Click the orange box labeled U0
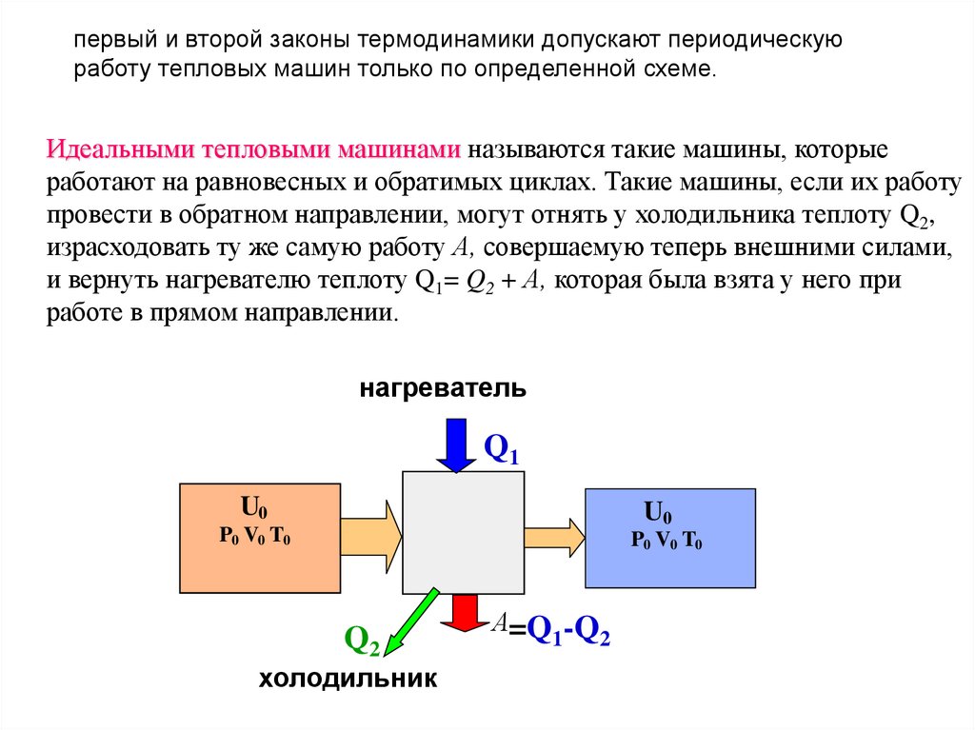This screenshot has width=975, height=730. (260, 538)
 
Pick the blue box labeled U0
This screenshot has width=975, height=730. (670, 538)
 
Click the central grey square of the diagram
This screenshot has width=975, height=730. (464, 532)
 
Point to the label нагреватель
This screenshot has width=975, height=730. (443, 388)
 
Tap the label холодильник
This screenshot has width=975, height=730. (348, 680)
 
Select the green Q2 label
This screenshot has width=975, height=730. (362, 641)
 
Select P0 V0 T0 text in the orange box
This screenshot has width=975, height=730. (254, 536)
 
